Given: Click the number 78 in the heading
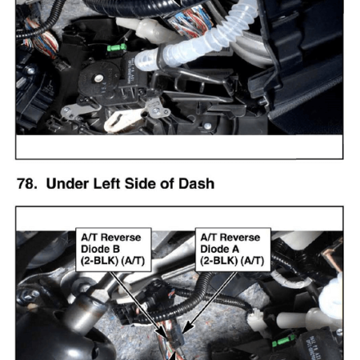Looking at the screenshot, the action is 27,183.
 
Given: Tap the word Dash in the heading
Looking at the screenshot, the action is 196,183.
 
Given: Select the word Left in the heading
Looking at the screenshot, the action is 106,183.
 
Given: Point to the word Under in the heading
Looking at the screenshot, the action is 68,183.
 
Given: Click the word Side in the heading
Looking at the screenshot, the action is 140,183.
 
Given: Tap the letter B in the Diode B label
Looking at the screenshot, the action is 116,249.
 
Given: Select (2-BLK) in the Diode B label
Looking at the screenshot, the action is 100,261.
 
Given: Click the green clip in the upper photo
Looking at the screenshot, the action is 116,47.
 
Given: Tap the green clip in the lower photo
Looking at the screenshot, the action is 283,340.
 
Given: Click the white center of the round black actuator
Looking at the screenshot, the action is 97,79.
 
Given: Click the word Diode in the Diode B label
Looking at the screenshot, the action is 96,249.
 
